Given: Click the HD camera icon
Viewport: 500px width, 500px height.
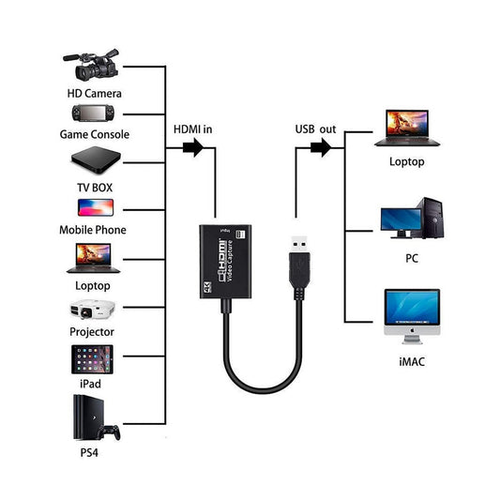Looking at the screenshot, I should [93, 65].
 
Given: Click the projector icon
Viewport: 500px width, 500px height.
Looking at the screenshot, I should [92, 310].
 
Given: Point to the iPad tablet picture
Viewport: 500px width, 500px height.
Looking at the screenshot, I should [92, 359].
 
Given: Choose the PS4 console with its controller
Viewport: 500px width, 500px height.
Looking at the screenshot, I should [95, 419].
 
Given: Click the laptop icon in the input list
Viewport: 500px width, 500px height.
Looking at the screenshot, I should [92, 258].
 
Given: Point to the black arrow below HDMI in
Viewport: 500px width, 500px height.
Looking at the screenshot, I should [192, 147].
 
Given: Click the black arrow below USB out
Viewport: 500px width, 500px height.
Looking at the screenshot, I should [321, 147].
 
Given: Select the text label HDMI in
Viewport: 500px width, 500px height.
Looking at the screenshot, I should [193, 129].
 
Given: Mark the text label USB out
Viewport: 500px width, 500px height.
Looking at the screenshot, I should [315, 129].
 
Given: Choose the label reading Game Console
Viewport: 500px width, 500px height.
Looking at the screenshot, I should [95, 134].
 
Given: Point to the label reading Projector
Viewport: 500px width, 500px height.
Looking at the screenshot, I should [92, 332].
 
